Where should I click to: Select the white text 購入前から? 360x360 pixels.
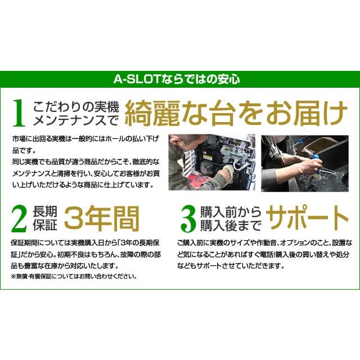coord(231,211)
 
